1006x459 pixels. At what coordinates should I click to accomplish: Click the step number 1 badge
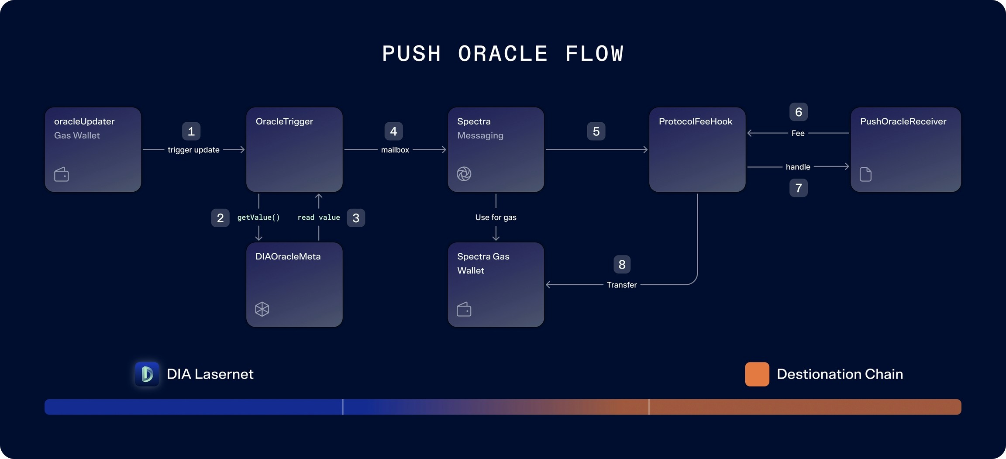191,131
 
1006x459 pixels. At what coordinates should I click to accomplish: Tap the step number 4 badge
393,131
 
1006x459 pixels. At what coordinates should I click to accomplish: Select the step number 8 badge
622,264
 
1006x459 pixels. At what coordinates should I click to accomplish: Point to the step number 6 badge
799,112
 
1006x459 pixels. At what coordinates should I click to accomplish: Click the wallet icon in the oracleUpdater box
62,174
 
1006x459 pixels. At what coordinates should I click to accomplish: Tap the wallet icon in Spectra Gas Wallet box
464,309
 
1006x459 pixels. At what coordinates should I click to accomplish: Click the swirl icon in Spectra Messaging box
464,174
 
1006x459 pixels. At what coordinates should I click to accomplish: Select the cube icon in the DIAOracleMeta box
262,309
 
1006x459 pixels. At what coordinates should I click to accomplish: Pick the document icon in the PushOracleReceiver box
866,174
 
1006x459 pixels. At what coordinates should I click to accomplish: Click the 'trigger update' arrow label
193,150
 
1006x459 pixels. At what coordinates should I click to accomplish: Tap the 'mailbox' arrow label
395,150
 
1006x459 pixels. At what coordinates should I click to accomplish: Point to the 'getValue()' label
258,217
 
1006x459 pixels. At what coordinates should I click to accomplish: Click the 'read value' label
319,217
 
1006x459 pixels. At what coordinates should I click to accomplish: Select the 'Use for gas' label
496,217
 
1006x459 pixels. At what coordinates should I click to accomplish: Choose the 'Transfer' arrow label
622,285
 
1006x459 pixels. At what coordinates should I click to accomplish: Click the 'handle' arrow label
798,167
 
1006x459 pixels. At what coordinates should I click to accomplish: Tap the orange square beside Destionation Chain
757,374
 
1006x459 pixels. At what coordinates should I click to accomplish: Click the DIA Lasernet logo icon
147,374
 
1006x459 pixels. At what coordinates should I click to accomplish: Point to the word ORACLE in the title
503,54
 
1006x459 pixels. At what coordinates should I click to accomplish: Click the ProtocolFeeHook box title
696,121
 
